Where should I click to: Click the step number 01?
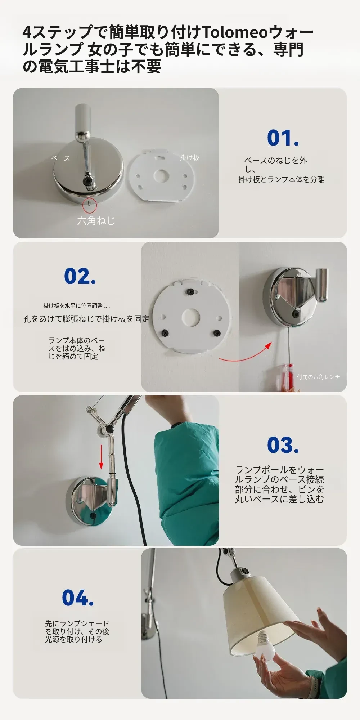(x=283, y=138)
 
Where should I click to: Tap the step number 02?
(x=80, y=277)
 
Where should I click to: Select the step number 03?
(x=283, y=445)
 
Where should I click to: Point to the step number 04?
(x=78, y=598)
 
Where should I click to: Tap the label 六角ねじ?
(x=96, y=220)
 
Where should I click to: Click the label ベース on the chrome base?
(x=60, y=158)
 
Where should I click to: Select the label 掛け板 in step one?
(x=190, y=157)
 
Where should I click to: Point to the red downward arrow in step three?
(x=101, y=457)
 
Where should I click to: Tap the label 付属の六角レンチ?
(x=318, y=377)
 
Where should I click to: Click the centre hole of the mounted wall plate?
(x=191, y=317)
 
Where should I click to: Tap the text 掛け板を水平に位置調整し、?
(x=77, y=306)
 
